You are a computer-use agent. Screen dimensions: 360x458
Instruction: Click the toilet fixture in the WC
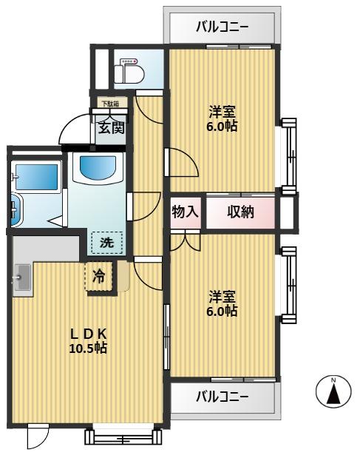click(129, 71)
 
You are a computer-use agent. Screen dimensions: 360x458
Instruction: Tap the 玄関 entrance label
click(111, 128)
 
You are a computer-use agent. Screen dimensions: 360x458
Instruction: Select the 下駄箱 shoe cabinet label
click(110, 104)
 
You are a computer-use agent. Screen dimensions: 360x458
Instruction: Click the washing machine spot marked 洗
click(106, 243)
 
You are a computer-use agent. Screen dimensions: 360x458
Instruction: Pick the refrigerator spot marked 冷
click(98, 276)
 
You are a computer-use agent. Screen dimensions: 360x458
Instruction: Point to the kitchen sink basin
click(22, 277)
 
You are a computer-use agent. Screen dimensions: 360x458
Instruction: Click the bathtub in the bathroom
click(37, 177)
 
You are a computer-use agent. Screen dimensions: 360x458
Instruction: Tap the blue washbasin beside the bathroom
click(98, 168)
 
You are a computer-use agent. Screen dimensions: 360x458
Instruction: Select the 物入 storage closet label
click(186, 212)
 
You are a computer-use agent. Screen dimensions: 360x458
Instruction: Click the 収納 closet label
click(240, 212)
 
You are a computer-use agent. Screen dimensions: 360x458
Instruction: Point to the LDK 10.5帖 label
click(88, 340)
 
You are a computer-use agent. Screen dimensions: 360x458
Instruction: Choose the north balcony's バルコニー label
click(222, 27)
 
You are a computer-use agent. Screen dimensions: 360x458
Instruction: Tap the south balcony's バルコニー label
click(222, 397)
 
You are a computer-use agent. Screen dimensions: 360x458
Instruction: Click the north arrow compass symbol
click(333, 391)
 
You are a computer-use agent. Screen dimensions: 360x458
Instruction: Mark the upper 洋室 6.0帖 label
click(222, 118)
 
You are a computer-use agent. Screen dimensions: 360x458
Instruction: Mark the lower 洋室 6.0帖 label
click(222, 304)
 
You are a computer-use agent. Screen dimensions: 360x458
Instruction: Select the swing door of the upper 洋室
click(181, 162)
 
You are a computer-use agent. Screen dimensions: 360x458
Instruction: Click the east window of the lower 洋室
click(289, 285)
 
